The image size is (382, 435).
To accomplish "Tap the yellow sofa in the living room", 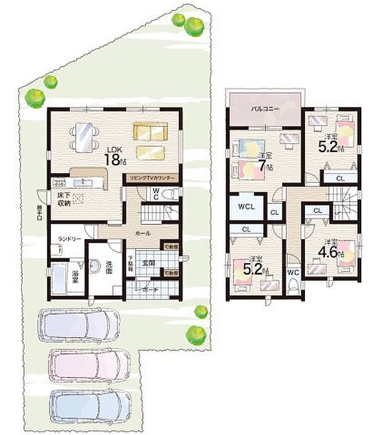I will tap(150, 131).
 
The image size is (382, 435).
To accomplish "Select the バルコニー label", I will tap(265, 108).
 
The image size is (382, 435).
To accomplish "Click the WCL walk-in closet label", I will tap(246, 207).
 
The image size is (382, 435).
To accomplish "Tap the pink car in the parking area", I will tap(91, 365).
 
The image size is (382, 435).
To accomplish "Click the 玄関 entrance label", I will tap(150, 263).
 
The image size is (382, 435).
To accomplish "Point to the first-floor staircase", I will tap(155, 216).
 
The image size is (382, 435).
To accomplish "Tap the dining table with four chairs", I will tap(82, 136).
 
